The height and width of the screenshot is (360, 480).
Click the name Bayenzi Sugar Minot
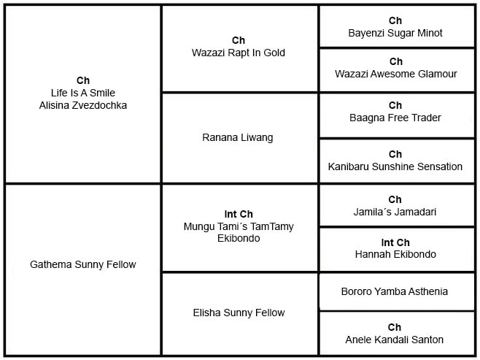point(395,33)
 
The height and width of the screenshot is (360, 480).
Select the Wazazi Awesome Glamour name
point(396,74)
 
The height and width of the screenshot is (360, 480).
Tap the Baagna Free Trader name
point(395,118)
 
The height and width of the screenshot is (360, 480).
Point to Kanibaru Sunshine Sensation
point(395,166)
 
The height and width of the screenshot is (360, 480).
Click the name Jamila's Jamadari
point(395,212)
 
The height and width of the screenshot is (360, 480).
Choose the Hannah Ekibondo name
point(395,254)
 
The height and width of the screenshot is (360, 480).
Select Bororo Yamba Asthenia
point(395,291)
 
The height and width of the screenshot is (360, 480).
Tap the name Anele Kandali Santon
point(394,340)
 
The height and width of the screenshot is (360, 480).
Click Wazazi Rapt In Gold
point(239,53)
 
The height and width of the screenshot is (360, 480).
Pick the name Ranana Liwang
point(238,137)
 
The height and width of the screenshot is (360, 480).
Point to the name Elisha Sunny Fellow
point(239,313)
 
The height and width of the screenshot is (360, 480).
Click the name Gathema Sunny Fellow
point(83,264)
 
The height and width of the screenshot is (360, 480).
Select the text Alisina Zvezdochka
point(83,105)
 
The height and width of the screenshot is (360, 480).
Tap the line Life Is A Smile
point(83,93)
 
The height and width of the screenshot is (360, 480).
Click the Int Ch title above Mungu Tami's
point(239,214)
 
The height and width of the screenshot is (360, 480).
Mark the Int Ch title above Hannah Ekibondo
point(395,242)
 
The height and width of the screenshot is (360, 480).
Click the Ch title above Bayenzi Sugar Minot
point(395,20)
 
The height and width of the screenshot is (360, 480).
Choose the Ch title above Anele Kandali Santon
point(394,327)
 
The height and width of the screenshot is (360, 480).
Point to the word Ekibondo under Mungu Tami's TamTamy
point(239,238)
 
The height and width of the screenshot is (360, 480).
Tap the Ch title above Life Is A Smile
point(83,80)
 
